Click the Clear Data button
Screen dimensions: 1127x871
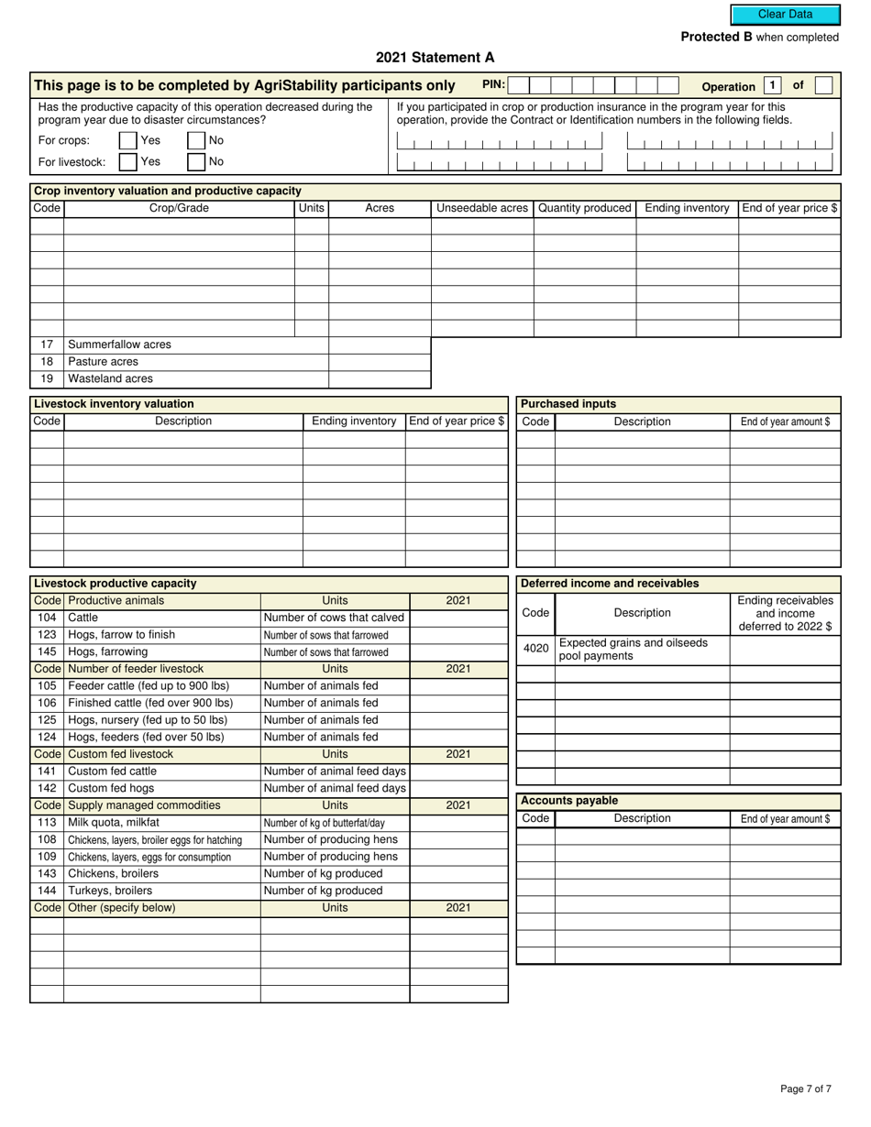(785, 15)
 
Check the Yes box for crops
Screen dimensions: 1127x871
(127, 141)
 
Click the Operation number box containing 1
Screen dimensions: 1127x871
(772, 86)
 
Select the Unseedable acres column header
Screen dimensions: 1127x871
(482, 208)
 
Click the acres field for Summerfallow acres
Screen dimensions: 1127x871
(380, 345)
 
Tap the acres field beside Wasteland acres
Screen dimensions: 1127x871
(380, 379)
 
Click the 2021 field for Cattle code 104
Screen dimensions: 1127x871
(458, 618)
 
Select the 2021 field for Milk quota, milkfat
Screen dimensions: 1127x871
(458, 823)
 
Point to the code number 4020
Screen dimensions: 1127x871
(535, 649)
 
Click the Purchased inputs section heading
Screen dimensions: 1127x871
(568, 404)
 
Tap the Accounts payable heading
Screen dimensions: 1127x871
(569, 801)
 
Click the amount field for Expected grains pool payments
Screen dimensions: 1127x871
(785, 649)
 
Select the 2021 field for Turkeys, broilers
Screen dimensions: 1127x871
(458, 891)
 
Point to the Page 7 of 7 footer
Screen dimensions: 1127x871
(806, 1089)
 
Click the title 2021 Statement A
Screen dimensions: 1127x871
(435, 58)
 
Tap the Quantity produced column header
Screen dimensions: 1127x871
(585, 208)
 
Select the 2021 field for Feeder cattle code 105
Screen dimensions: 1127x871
(458, 686)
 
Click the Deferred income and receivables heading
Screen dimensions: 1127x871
(610, 584)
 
